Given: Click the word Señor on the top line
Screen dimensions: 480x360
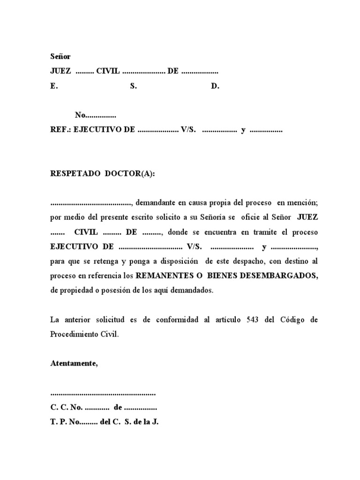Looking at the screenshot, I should coord(60,56).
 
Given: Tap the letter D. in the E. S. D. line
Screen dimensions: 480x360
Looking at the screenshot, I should coord(215,86).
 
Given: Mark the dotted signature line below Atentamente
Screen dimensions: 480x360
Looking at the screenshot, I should coord(103,393).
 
